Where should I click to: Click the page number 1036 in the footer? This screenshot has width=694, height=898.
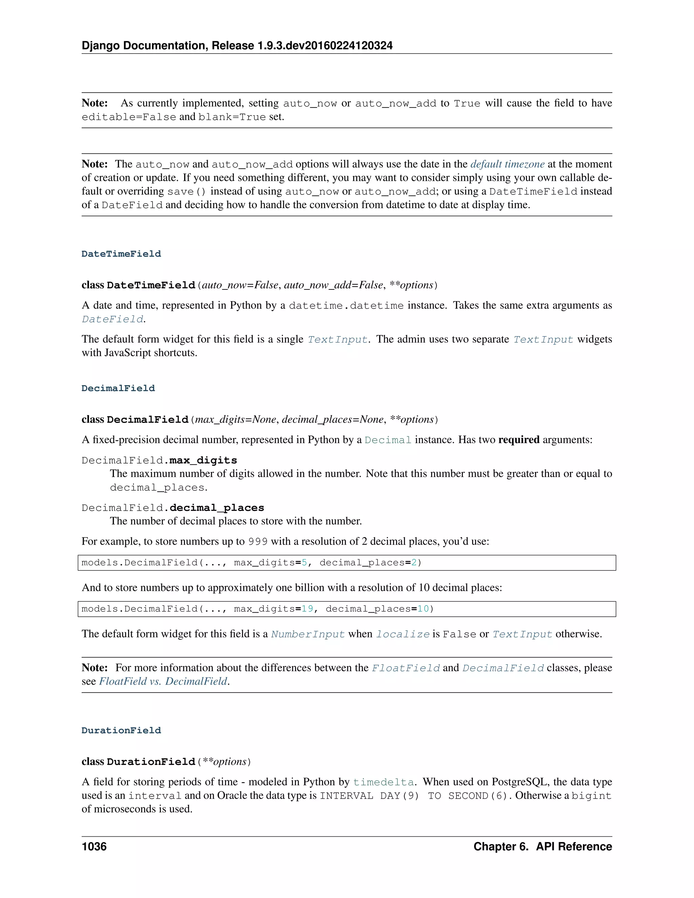[x=94, y=846]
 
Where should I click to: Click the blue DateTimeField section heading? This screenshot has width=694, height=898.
[x=121, y=254]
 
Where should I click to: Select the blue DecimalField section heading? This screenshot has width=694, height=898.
[x=118, y=388]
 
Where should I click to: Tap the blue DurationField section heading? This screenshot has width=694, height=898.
[x=121, y=730]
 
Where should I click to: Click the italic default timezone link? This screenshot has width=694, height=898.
[x=507, y=164]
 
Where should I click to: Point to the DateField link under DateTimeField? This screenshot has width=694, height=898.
[x=113, y=319]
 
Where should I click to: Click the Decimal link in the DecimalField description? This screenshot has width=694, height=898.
[x=388, y=440]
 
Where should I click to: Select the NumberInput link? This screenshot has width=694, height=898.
[x=308, y=634]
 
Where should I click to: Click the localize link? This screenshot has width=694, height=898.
[x=403, y=634]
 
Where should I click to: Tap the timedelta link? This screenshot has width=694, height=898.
[x=383, y=782]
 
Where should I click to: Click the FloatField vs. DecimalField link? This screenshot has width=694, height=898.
[x=163, y=681]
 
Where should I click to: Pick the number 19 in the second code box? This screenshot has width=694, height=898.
[x=307, y=609]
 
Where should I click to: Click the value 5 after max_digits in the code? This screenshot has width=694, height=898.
[x=304, y=563]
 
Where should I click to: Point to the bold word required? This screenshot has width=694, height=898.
[x=518, y=440]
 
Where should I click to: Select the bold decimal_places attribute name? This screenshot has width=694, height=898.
[x=217, y=508]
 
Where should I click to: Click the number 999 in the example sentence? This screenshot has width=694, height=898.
[x=258, y=542]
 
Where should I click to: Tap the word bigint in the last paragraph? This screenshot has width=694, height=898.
[x=591, y=796]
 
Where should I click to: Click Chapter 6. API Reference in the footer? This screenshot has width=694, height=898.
[x=542, y=846]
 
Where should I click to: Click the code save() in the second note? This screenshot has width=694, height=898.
[x=186, y=191]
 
